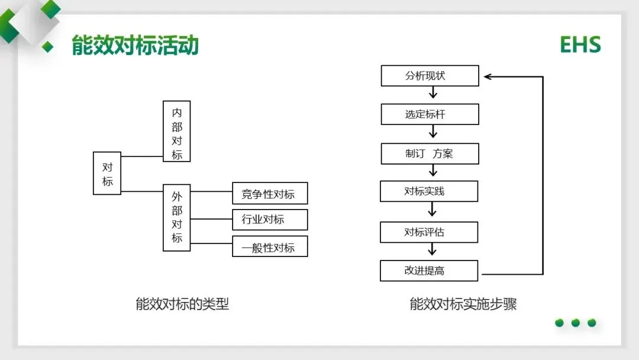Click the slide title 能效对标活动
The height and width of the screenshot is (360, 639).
click(x=135, y=46)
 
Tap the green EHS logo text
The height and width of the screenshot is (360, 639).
click(x=580, y=45)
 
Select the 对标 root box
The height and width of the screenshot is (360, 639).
click(x=107, y=173)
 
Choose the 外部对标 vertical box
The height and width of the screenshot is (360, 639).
click(x=177, y=217)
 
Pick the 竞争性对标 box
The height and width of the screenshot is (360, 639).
click(x=270, y=194)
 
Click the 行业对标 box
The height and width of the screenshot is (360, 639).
click(x=270, y=220)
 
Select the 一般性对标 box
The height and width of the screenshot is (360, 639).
click(x=270, y=246)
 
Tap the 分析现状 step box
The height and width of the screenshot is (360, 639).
click(x=430, y=76)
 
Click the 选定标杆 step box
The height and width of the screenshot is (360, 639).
click(x=430, y=114)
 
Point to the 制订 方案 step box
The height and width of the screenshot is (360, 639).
click(x=430, y=153)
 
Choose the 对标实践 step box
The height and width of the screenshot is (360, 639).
click(x=429, y=191)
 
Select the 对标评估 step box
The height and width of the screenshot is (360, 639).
click(x=429, y=232)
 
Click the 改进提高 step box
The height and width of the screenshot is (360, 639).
click(x=429, y=271)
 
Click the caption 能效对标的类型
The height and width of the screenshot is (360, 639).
click(x=182, y=304)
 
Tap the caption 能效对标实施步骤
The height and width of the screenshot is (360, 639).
click(x=463, y=304)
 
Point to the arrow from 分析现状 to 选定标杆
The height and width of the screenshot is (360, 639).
click(x=433, y=93)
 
